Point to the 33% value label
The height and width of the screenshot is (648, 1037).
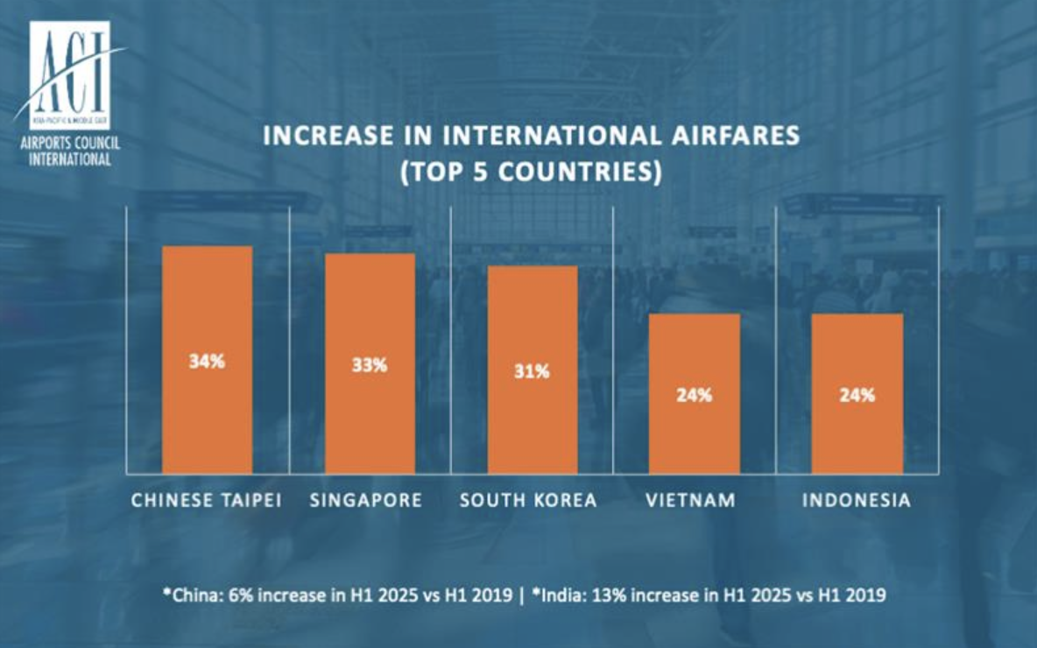370,365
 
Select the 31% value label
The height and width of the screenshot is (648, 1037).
533,371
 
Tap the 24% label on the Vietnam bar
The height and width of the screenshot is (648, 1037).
695,395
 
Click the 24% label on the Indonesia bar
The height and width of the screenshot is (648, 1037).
857,395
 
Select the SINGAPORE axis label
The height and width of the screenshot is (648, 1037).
366,501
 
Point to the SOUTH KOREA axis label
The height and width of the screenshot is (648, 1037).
528,501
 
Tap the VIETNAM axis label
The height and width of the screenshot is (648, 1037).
691,501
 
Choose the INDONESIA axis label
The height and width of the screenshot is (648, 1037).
857,501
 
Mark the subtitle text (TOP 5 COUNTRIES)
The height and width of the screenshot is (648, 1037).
530,171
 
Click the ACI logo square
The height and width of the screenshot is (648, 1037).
69,75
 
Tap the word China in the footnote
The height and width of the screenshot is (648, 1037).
194,595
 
